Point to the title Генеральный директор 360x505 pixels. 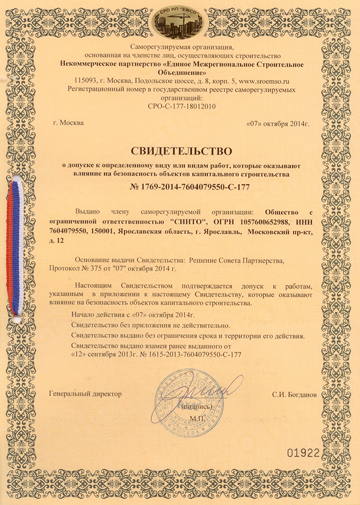click(x=86, y=394)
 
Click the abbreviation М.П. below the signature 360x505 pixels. click(x=196, y=418)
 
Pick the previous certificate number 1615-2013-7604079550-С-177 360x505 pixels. click(x=197, y=355)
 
